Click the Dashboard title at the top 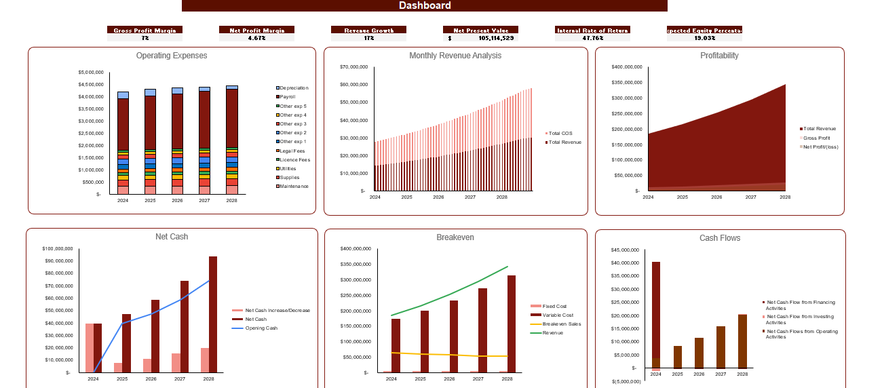coord(424,6)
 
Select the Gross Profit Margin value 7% coord(145,38)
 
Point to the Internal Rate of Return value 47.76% coord(592,38)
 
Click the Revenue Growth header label coord(368,30)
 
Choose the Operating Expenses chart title coord(172,56)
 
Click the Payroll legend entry coord(288,97)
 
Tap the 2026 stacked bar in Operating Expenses coord(177,142)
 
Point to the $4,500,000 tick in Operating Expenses coord(91,85)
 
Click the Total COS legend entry coord(560,133)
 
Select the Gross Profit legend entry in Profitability coord(816,138)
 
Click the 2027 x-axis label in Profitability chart coord(750,197)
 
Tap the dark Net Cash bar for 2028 coord(213,314)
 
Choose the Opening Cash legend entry coord(261,328)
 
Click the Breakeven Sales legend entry coord(561,324)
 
